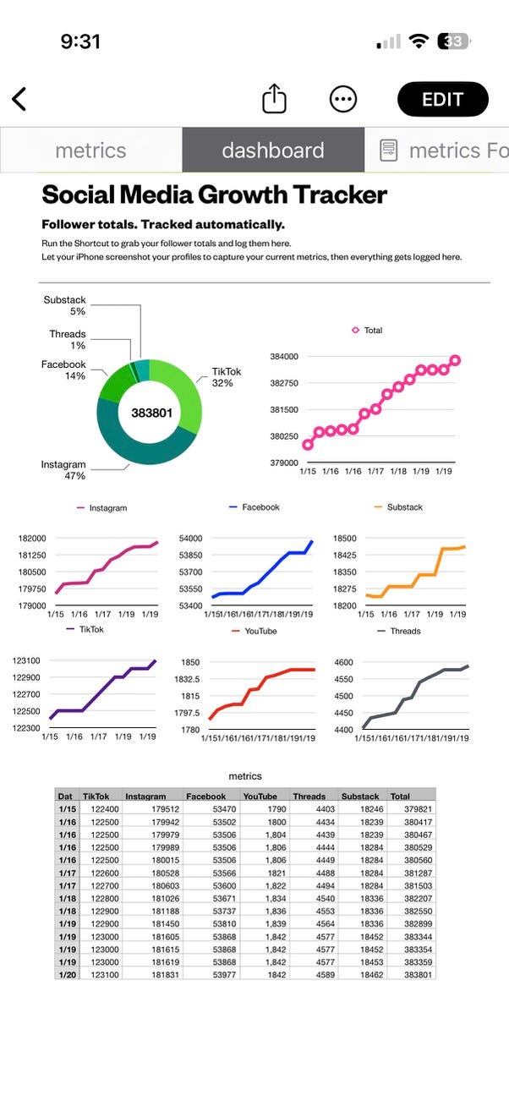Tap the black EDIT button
tap(442, 99)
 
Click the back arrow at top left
tap(19, 99)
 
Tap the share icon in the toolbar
tap(274, 99)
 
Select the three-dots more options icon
tap(342, 99)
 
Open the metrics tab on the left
tap(90, 151)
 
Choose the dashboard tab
tap(272, 151)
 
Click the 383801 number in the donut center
tap(151, 413)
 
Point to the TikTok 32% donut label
tap(227, 377)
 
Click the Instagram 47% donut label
tap(63, 470)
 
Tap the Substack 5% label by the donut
tap(65, 305)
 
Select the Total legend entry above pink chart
tap(368, 331)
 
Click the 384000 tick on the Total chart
tap(284, 357)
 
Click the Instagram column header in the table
tap(145, 796)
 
